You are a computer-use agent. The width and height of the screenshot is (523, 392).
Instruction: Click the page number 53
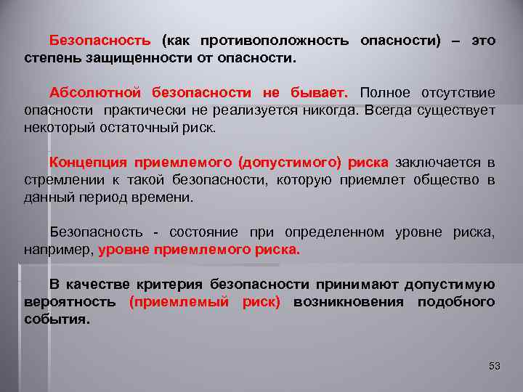[x=495, y=366]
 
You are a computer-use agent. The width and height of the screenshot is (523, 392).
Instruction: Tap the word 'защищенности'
[x=134, y=57]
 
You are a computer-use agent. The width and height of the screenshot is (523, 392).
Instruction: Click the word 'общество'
[x=445, y=179]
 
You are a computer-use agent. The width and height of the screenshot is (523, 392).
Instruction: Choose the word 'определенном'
[x=334, y=232]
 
